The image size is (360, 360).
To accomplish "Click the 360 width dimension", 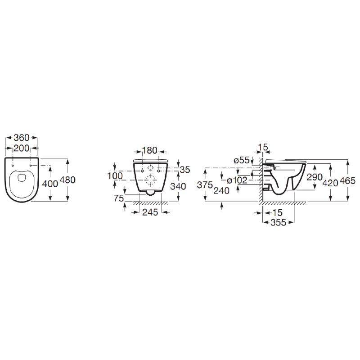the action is (22, 138).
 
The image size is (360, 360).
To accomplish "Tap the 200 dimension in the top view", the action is (22, 148).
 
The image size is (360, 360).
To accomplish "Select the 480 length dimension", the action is (67, 180).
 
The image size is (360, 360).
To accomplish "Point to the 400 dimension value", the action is (50, 184).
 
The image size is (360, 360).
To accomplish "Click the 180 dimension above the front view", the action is (150, 150).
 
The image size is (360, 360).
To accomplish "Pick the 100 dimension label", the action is (115, 176).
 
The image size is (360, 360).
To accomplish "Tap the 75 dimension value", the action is (119, 198).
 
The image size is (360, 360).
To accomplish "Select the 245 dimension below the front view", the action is (150, 212).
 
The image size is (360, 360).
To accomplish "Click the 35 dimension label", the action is (185, 170).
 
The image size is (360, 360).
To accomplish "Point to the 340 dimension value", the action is (178, 186).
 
